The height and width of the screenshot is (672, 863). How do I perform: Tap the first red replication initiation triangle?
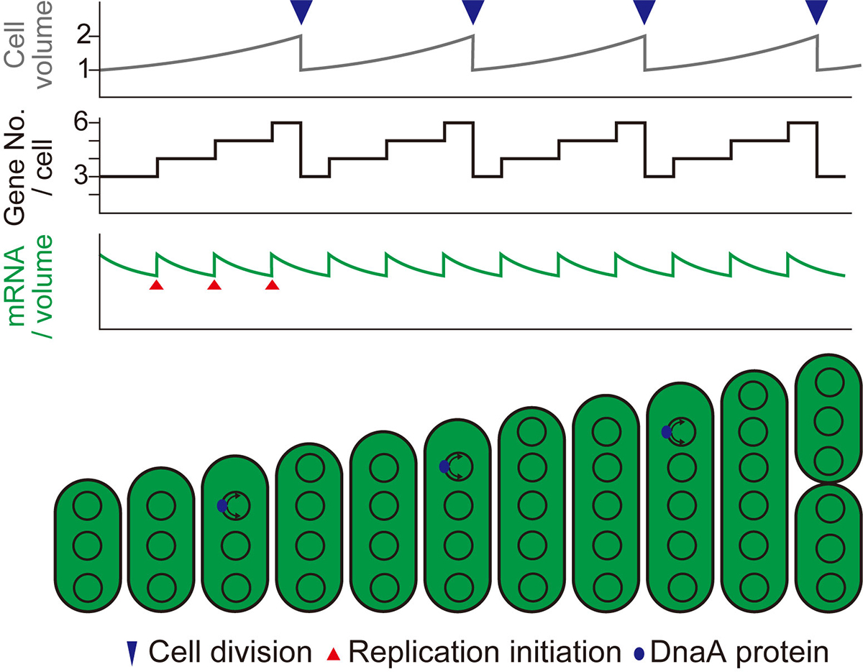click(x=157, y=286)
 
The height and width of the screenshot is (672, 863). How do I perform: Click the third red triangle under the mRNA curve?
click(x=272, y=286)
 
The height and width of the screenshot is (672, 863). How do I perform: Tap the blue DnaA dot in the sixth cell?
click(x=444, y=467)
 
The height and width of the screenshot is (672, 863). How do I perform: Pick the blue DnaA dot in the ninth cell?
click(x=667, y=432)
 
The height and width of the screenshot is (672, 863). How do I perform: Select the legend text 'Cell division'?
click(x=230, y=652)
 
